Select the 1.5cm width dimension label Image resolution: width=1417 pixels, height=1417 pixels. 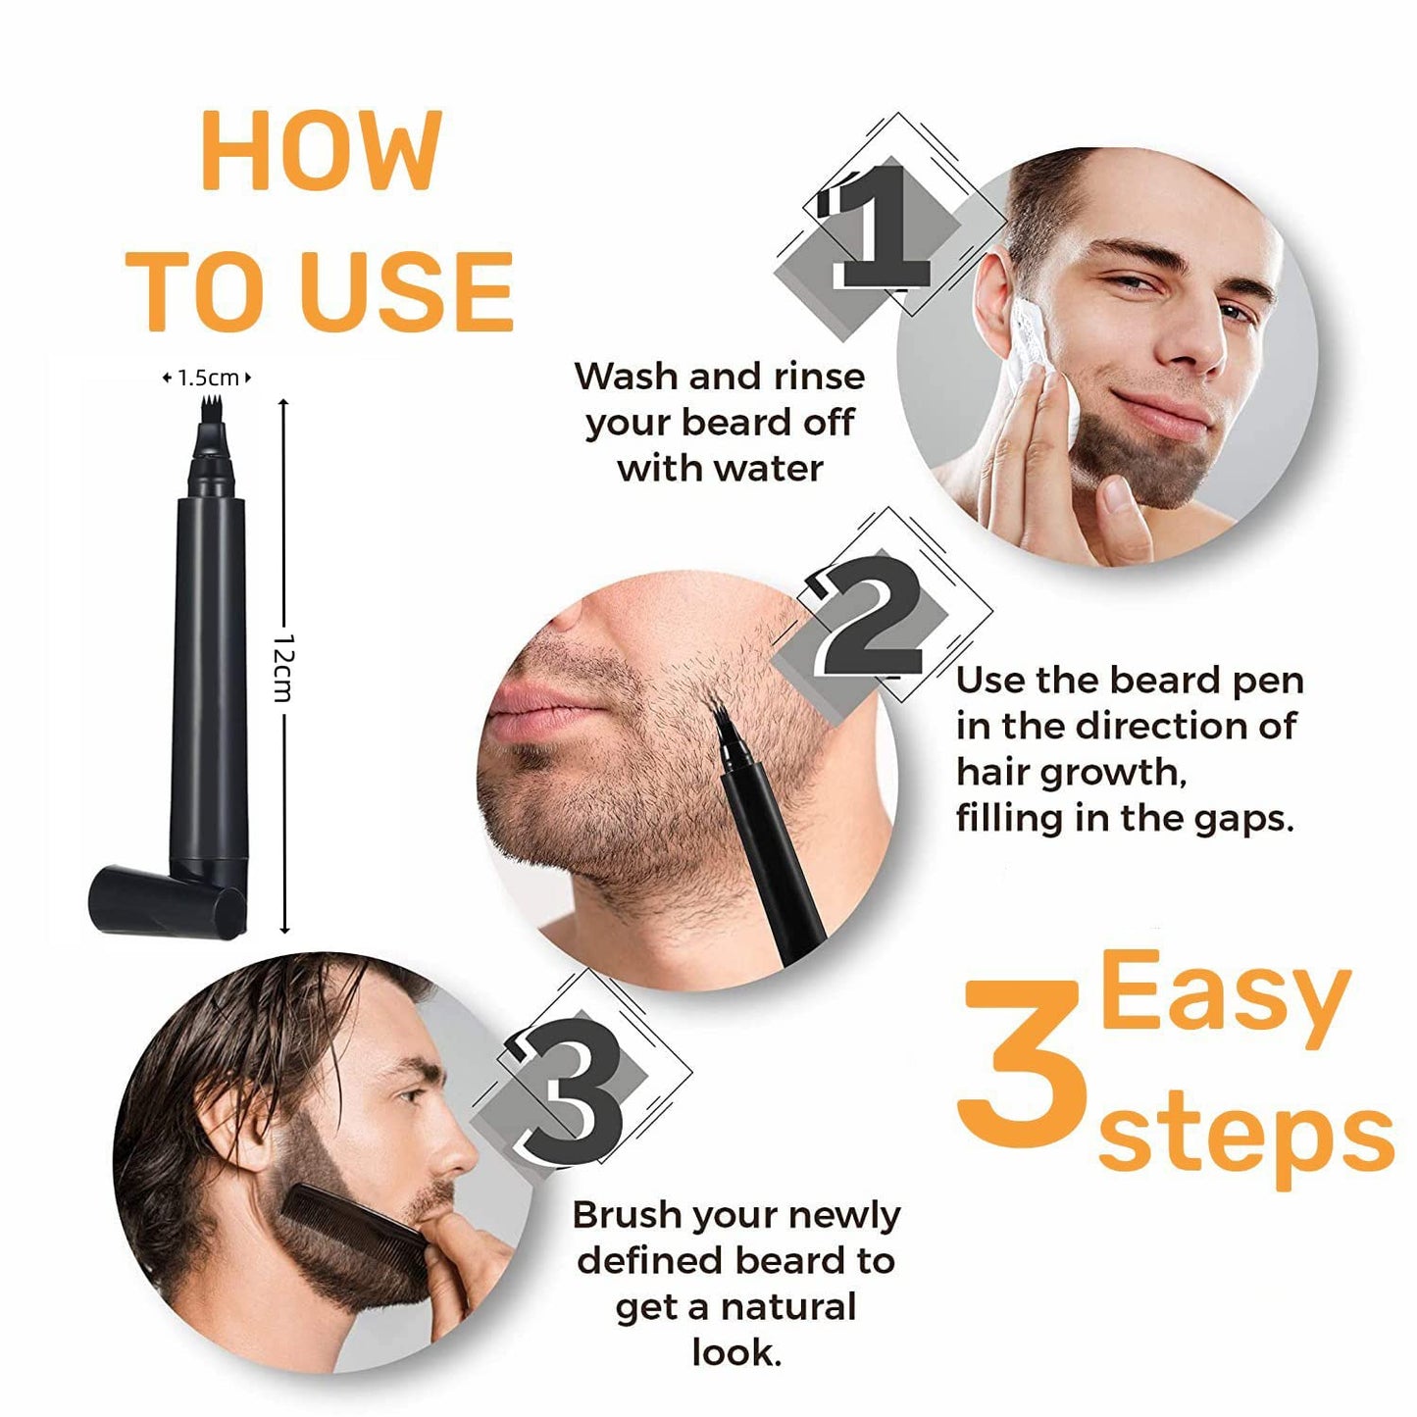pyautogui.click(x=207, y=378)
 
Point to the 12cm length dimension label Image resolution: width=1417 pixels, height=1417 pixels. pyautogui.click(x=283, y=667)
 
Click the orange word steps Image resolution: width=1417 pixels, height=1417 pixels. pyautogui.click(x=1245, y=1138)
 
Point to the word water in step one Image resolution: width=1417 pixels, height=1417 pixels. pyautogui.click(x=775, y=469)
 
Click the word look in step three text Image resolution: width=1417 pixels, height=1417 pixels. pyautogui.click(x=735, y=1352)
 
